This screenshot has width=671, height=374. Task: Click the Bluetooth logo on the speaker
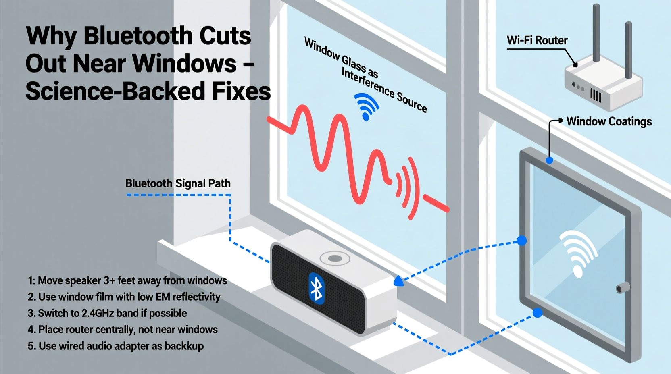(x=317, y=288)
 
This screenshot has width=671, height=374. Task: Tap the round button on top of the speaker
(x=335, y=258)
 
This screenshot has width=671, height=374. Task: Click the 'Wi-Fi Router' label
(x=537, y=40)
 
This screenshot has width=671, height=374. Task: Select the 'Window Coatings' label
(x=608, y=121)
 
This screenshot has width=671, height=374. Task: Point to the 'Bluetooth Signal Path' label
(x=178, y=183)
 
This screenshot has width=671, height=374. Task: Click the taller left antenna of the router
(x=596, y=32)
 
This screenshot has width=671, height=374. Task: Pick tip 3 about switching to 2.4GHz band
(x=107, y=313)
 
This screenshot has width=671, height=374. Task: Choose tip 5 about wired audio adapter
(x=116, y=346)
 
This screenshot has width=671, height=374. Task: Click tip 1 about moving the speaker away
(x=127, y=280)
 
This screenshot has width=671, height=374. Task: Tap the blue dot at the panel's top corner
(x=549, y=160)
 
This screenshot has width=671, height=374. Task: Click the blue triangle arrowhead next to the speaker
(x=398, y=281)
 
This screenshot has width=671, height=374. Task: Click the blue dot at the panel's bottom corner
(x=537, y=313)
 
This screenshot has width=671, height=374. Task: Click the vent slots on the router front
(x=596, y=96)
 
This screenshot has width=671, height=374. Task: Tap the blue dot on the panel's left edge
(x=522, y=241)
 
